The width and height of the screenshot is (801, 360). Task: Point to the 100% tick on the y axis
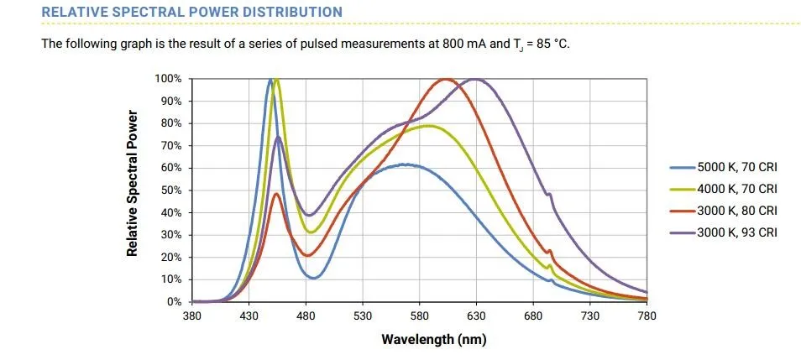click(169, 79)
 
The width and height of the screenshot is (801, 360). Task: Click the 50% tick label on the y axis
click(172, 190)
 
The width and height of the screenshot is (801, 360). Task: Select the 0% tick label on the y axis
click(175, 302)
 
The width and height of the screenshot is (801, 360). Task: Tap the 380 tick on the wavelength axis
click(192, 316)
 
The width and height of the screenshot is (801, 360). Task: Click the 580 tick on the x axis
click(420, 316)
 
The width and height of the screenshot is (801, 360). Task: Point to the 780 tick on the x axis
click(647, 316)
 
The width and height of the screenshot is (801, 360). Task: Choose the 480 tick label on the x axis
click(306, 316)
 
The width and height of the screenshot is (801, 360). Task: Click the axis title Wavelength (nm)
click(433, 340)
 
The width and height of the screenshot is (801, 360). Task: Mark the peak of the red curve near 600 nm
click(445, 80)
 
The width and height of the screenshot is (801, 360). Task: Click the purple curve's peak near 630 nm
click(476, 80)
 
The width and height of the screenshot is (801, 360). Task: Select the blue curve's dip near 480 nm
click(313, 278)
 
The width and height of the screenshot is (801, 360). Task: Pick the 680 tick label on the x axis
click(533, 316)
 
